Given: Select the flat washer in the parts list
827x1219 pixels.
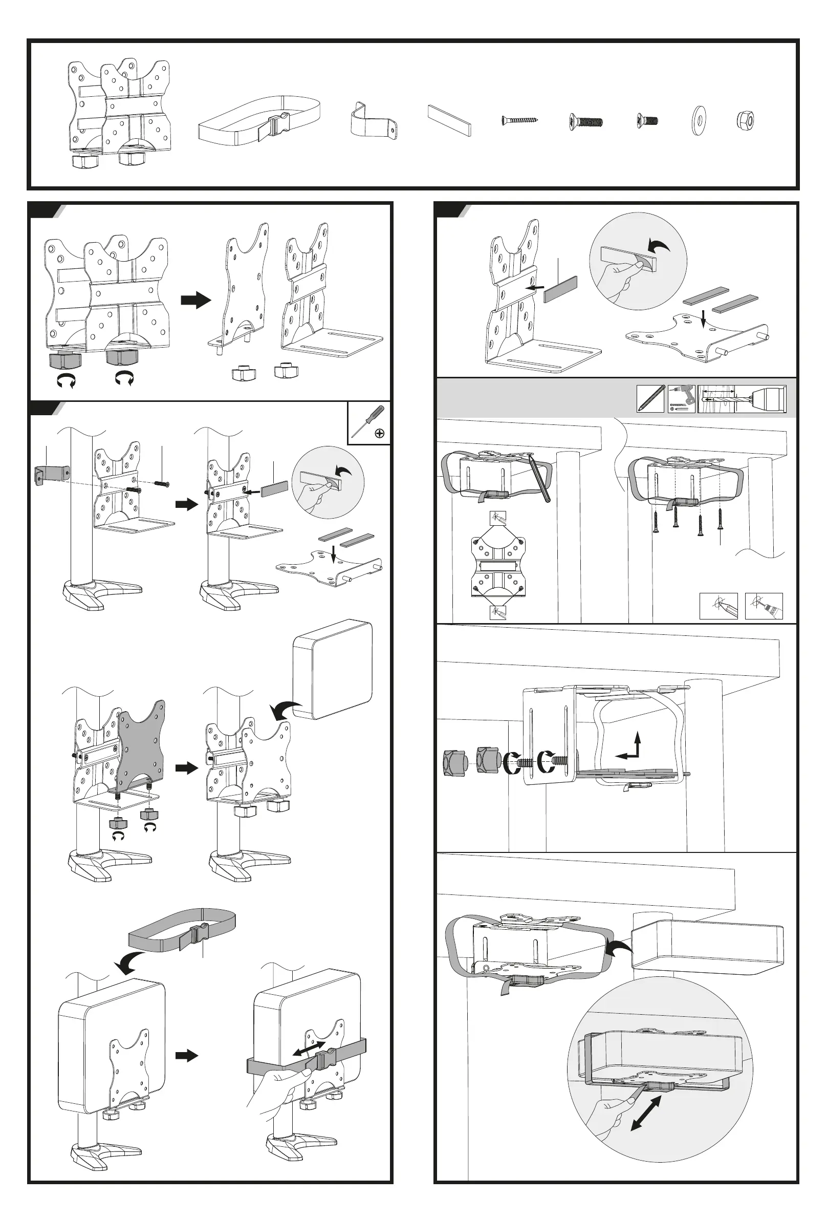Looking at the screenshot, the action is [x=698, y=121].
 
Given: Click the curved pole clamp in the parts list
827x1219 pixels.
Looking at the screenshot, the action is [x=373, y=121].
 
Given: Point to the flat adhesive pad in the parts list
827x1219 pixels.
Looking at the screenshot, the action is [x=449, y=120].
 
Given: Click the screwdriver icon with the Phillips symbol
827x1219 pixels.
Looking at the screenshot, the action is [x=369, y=422].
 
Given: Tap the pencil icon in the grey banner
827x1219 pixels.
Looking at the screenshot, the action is [x=651, y=399].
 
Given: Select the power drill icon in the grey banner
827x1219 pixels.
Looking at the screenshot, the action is [x=682, y=399].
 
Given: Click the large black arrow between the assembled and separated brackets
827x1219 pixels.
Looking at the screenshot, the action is [x=195, y=301].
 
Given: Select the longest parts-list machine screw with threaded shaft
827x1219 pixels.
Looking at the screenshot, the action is [x=586, y=122].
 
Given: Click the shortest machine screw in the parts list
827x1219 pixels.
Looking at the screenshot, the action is [x=647, y=121].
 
